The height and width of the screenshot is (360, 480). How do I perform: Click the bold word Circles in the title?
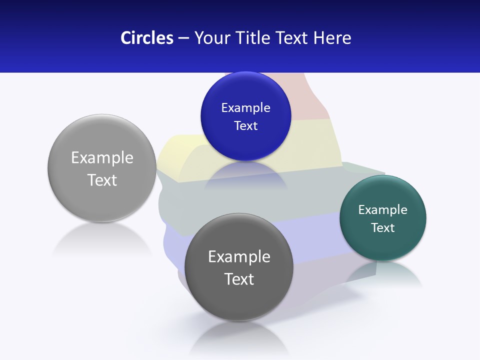click(x=147, y=37)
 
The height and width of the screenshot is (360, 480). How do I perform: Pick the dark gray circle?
click(x=238, y=300)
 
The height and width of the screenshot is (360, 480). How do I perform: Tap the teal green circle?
click(x=383, y=245)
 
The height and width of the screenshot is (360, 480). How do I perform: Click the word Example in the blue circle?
click(x=246, y=107)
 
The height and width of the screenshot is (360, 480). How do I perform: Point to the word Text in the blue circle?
click(x=246, y=125)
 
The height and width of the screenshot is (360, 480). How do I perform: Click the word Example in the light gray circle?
click(x=102, y=157)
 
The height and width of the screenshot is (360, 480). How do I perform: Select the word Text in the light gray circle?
click(x=102, y=180)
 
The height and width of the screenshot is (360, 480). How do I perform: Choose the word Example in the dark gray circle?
click(x=239, y=256)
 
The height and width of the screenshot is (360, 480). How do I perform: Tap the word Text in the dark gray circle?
click(x=239, y=279)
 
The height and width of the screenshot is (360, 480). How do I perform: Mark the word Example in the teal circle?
click(x=383, y=209)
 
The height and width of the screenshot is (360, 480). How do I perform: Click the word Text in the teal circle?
click(x=383, y=227)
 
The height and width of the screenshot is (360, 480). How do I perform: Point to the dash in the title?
click(x=183, y=38)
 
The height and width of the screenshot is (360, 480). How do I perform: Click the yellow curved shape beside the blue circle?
click(x=177, y=152)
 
